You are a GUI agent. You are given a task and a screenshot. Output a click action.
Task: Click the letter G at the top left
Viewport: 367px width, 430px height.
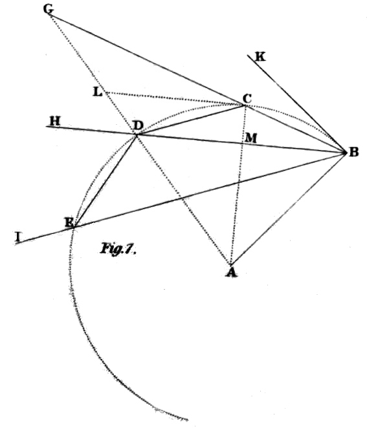click(x=49, y=9)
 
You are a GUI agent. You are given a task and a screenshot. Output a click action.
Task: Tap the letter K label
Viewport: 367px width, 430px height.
click(x=260, y=57)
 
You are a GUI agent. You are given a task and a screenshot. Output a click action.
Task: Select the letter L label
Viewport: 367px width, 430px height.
click(x=98, y=92)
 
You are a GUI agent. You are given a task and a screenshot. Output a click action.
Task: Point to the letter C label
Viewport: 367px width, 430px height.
click(x=247, y=98)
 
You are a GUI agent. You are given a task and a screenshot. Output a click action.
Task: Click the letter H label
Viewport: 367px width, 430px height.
click(x=55, y=121)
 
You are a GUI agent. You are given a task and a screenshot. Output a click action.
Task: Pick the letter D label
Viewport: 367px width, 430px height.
click(x=138, y=125)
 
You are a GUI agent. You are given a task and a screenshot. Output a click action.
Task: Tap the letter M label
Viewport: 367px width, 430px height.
click(x=251, y=138)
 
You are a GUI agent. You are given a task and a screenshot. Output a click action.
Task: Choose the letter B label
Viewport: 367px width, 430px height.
click(x=353, y=152)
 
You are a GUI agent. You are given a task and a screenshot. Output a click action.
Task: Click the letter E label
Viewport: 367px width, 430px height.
click(x=69, y=222)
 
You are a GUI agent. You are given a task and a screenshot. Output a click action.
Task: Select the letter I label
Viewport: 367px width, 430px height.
click(x=18, y=237)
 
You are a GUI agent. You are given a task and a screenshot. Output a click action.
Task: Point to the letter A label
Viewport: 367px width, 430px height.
click(x=232, y=273)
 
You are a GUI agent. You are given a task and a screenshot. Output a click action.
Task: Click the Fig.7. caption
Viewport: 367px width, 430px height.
click(x=118, y=248)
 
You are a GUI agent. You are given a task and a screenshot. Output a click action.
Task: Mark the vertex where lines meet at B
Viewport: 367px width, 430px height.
click(x=346, y=152)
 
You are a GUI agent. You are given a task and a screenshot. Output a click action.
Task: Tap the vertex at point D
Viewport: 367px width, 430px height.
click(x=137, y=134)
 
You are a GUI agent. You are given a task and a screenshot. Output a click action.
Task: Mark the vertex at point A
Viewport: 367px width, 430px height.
click(x=230, y=264)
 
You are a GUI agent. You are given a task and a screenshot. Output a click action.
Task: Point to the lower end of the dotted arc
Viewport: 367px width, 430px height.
click(x=188, y=420)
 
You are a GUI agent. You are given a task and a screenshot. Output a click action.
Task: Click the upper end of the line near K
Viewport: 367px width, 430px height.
click(x=248, y=56)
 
